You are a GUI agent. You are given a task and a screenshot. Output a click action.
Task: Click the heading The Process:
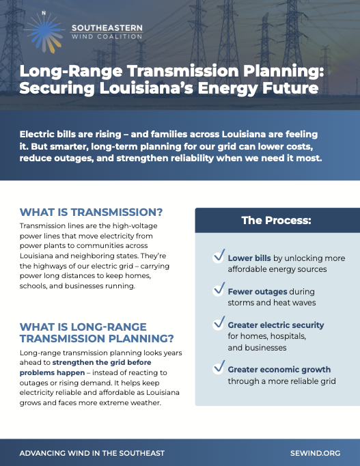click(x=277, y=221)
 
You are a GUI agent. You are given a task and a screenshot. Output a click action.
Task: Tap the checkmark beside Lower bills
click(x=219, y=257)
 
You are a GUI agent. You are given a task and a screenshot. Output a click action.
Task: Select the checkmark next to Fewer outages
click(x=219, y=290)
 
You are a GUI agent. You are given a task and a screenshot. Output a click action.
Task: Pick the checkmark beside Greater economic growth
click(x=219, y=368)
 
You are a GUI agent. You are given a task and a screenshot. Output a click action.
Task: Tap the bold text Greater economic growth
click(x=279, y=370)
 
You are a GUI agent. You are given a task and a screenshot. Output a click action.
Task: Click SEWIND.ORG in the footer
click(x=315, y=452)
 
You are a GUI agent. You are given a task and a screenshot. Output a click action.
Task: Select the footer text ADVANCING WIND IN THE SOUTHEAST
click(x=92, y=452)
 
